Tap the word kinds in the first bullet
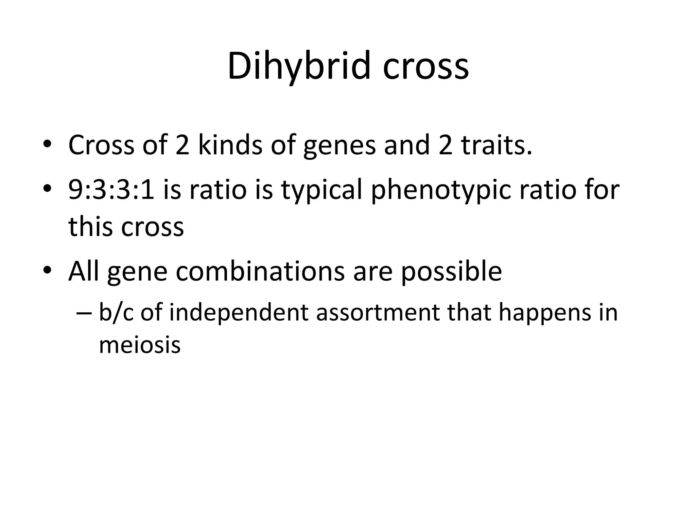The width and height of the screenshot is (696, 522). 230,145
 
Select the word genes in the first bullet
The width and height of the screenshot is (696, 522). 340,145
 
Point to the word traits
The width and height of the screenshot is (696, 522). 496,145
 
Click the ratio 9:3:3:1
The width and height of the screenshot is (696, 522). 111,189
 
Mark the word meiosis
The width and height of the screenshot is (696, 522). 139,345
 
